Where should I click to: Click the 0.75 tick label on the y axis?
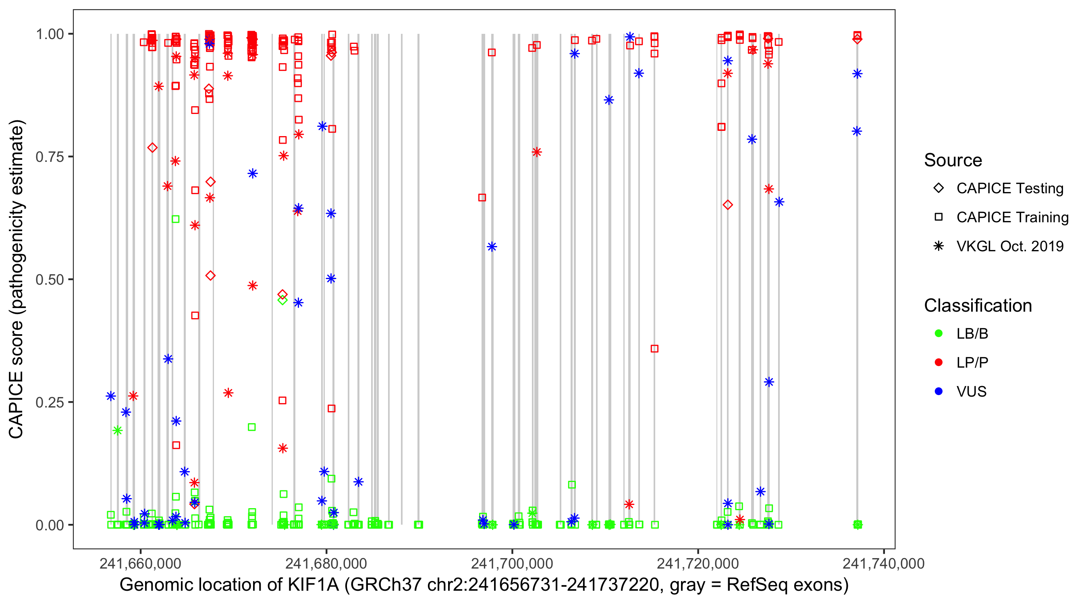(49, 157)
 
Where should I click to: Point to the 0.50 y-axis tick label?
(49, 280)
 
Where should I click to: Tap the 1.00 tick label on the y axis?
(49, 34)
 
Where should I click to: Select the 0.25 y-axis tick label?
(49, 402)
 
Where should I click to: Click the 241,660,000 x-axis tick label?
(140, 563)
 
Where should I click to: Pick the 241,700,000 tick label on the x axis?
(512, 563)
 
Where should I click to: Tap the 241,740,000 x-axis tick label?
(884, 563)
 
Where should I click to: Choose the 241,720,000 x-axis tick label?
(698, 563)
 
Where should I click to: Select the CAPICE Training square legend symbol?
(939, 217)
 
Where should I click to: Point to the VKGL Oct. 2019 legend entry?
(1010, 246)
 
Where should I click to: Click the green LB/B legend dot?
(939, 333)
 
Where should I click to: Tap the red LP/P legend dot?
(939, 362)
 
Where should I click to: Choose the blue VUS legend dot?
(939, 392)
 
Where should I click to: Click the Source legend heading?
(953, 160)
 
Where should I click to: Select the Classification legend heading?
(978, 306)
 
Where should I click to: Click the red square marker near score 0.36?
(654, 349)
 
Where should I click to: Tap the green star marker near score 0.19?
(117, 430)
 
